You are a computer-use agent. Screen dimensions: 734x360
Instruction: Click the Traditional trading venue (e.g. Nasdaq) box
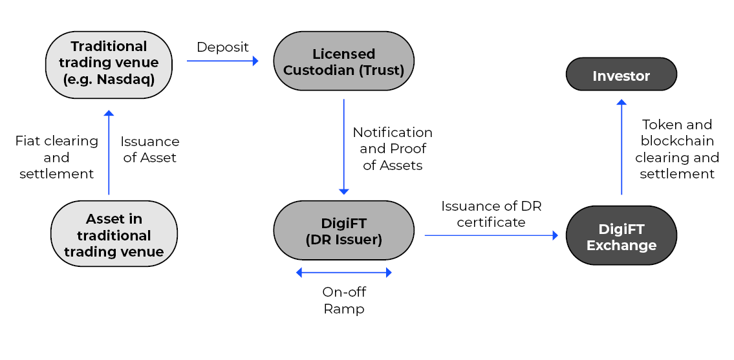[109, 65]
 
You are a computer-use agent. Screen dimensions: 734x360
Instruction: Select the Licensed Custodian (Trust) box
[343, 61]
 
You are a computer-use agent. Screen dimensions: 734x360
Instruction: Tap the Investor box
[621, 74]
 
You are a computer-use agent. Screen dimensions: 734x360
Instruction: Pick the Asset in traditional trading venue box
[114, 233]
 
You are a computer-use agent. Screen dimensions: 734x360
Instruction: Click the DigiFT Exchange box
[621, 235]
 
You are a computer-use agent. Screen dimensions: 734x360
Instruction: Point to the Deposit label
[222, 47]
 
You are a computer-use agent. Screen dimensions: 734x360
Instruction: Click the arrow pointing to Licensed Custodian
[223, 61]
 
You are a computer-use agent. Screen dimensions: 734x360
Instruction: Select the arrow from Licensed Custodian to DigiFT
[343, 147]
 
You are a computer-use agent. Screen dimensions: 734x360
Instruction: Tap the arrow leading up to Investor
[621, 147]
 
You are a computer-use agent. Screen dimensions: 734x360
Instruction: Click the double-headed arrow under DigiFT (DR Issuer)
[343, 273]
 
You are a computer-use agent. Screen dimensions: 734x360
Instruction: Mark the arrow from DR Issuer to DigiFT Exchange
[491, 235]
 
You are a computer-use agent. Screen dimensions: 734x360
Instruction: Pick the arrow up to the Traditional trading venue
[109, 152]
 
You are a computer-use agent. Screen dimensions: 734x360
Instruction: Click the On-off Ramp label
[344, 301]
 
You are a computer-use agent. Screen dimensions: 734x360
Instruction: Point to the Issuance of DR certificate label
[491, 214]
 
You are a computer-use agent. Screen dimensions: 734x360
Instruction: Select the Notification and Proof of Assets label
[393, 149]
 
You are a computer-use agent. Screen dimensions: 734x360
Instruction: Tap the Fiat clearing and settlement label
[57, 157]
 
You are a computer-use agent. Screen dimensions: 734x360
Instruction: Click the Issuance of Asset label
[150, 149]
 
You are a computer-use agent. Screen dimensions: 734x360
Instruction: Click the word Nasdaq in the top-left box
[125, 79]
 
